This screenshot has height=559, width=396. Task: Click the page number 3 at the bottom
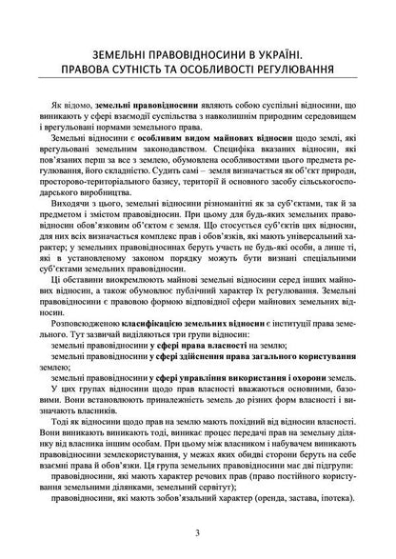[x=197, y=532]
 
